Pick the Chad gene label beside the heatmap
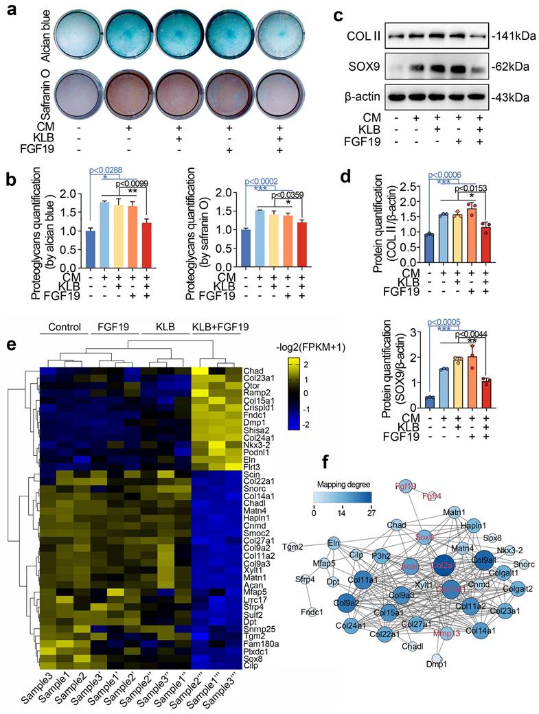(x=253, y=370)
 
